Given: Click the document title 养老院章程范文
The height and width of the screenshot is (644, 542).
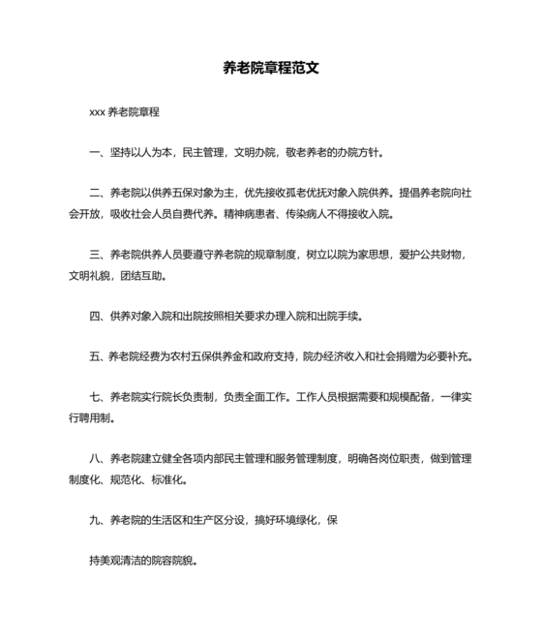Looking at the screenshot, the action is tap(271, 69).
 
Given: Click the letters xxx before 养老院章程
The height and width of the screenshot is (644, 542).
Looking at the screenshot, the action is tap(97, 112).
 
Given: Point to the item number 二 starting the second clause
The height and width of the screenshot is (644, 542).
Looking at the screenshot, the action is tap(94, 193).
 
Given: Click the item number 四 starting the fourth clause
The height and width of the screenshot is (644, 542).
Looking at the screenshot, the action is tap(94, 316).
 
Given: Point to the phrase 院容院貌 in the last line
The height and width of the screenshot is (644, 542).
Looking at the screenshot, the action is tap(176, 560).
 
